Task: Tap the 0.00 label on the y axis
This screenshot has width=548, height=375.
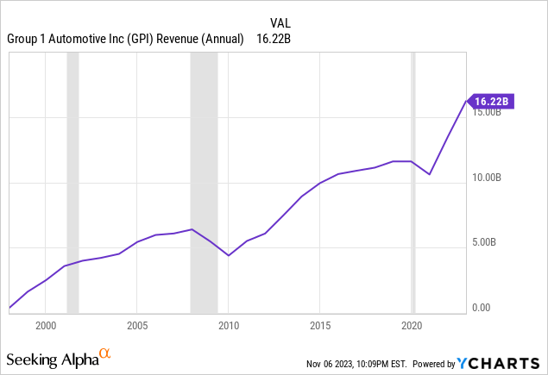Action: tap(481, 308)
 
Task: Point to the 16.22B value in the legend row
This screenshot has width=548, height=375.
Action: tap(274, 39)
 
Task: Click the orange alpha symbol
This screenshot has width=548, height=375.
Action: tap(104, 353)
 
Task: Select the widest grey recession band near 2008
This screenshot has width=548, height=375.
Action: tap(204, 181)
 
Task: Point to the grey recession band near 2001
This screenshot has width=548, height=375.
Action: tap(72, 181)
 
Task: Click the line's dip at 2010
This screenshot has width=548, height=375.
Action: tap(229, 255)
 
